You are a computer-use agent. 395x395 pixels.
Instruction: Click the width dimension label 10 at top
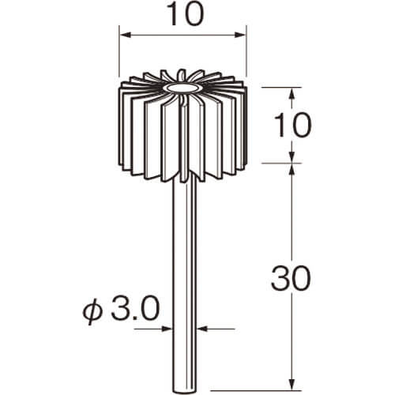pos(186,14)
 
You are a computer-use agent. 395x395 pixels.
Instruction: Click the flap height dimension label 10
pos(293,125)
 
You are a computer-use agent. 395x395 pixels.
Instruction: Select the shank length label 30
pos(292,278)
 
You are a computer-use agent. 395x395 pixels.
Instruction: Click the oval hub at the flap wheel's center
pos(181,88)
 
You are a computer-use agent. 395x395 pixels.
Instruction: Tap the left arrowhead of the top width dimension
pos(125,35)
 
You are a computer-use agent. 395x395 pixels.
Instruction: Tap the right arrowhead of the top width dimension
pos(240,35)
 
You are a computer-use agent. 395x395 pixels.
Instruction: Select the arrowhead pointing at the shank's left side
pos(167,329)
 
